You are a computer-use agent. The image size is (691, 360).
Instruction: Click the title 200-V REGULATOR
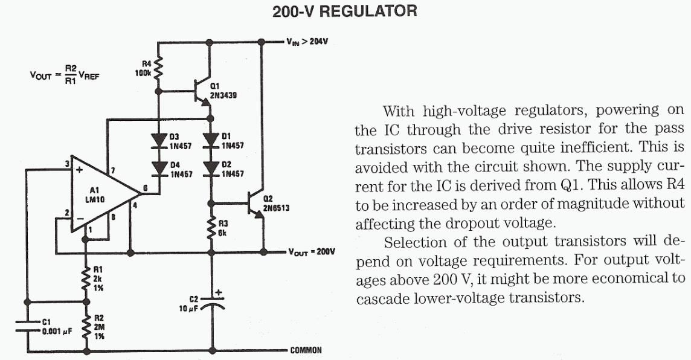pyautogui.click(x=345, y=11)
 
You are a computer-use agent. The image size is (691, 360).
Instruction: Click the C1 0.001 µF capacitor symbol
pyautogui.click(x=27, y=326)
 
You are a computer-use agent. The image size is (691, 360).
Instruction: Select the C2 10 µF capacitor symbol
pyautogui.click(x=211, y=303)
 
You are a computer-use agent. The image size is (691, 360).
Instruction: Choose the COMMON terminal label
pyautogui.click(x=306, y=350)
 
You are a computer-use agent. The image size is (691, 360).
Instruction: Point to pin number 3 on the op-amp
pyautogui.click(x=68, y=164)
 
